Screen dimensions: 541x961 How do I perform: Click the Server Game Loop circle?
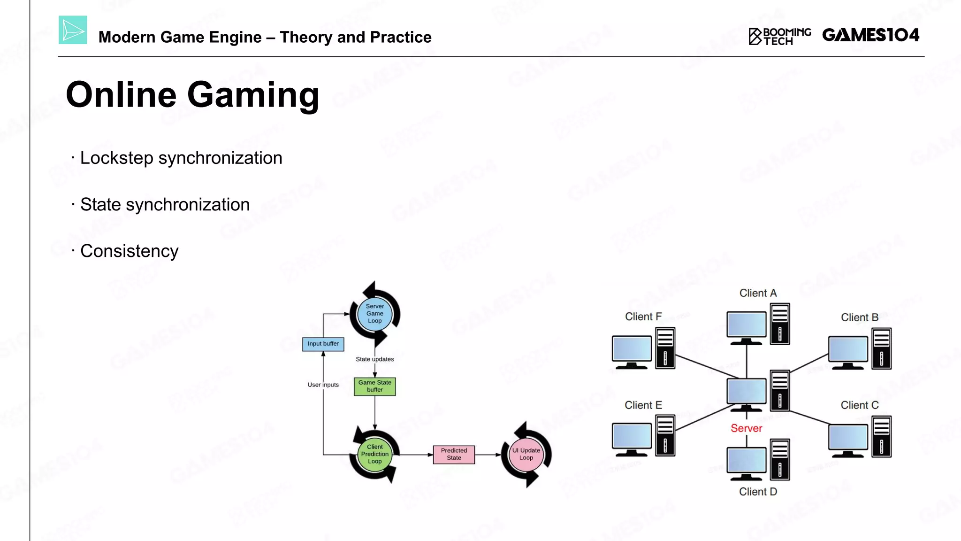pos(374,313)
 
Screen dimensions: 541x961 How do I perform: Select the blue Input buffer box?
pos(323,344)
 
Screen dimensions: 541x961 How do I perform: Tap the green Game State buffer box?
pos(374,386)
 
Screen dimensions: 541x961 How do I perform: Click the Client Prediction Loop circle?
pos(374,454)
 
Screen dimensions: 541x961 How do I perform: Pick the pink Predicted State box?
pos(454,454)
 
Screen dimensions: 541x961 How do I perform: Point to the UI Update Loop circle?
pos(526,454)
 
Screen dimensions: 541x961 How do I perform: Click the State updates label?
pos(374,359)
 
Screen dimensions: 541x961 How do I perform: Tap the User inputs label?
pos(323,385)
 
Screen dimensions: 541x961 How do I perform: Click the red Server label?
pos(746,428)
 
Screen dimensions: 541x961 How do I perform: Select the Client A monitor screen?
pos(746,324)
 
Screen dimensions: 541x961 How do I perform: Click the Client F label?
pos(643,317)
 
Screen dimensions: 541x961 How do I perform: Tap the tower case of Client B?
pos(881,348)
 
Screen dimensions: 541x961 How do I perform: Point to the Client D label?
pos(758,492)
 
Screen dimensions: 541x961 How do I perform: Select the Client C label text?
pos(859,405)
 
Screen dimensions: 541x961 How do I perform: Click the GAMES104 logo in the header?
pos(870,35)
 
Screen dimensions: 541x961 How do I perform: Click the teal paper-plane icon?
pos(73,30)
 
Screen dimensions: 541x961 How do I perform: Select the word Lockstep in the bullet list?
pos(116,158)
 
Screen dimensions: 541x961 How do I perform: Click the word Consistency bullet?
pos(129,251)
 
